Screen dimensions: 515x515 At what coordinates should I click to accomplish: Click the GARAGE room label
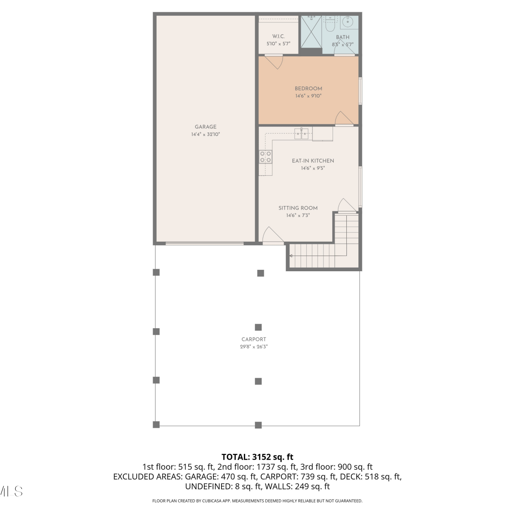206,127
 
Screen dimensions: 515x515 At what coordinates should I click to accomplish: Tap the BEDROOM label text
308,89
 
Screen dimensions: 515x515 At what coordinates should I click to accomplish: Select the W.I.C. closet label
278,36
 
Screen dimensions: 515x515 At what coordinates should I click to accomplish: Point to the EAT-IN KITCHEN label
313,161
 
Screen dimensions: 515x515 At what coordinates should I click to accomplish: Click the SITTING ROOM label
298,208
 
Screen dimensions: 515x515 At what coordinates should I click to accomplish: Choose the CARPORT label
254,339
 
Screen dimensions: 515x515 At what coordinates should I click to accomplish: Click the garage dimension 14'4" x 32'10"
206,135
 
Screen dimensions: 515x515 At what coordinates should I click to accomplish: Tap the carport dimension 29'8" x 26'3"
254,347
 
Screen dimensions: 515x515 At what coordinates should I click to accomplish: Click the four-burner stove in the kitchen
266,157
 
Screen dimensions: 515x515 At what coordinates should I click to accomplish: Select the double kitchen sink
301,133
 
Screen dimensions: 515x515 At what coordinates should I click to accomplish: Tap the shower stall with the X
311,32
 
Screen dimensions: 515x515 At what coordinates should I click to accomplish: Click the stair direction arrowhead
291,256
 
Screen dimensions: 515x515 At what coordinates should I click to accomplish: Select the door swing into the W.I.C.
274,62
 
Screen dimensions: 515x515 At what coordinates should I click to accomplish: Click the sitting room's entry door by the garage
273,235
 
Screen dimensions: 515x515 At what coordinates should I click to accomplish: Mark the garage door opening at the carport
205,243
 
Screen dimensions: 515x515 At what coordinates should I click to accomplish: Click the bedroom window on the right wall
360,91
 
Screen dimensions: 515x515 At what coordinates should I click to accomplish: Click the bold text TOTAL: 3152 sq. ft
257,457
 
